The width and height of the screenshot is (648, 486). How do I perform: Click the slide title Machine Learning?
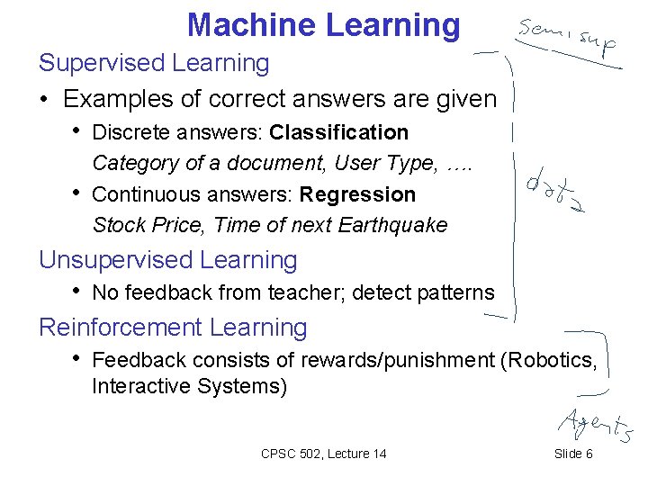(x=323, y=24)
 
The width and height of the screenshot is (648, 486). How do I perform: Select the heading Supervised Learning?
(x=154, y=63)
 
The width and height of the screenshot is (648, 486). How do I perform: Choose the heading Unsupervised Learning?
(x=167, y=260)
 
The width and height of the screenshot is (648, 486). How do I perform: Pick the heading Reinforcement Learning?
(x=173, y=328)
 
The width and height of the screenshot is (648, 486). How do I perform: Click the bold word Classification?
(x=338, y=133)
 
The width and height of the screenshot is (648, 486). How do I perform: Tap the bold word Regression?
(x=357, y=194)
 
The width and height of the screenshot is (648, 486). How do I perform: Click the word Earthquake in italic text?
(x=392, y=225)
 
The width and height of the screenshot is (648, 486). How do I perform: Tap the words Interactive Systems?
(x=189, y=387)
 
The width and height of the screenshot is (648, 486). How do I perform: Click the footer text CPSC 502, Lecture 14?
(x=323, y=454)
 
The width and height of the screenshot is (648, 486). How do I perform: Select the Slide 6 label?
(x=573, y=454)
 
